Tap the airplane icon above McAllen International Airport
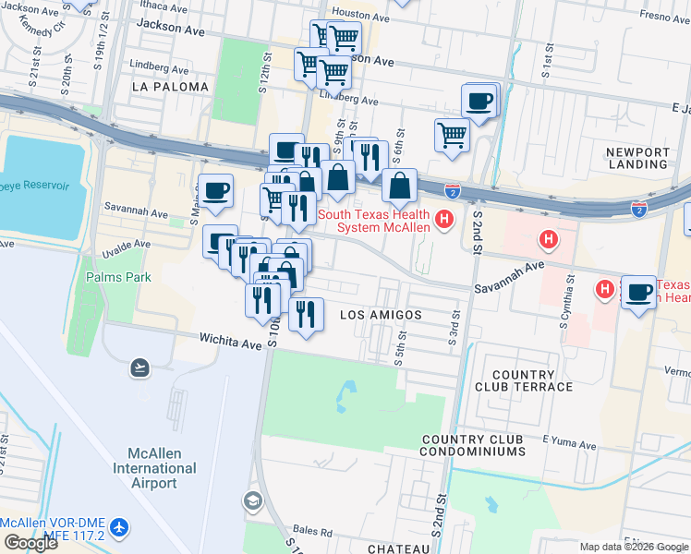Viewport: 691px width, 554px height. point(139,368)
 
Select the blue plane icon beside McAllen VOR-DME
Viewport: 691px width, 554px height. point(119,527)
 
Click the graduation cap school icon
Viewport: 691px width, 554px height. point(252,501)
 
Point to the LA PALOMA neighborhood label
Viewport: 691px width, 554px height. point(171,86)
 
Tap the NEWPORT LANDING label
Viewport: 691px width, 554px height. point(637,158)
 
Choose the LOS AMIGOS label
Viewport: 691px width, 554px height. point(381,315)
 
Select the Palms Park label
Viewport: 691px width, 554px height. point(118,276)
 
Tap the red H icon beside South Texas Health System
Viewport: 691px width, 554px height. point(444,220)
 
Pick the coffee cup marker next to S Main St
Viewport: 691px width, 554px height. point(216,190)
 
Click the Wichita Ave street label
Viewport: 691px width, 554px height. point(232,342)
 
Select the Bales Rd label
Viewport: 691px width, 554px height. point(315,533)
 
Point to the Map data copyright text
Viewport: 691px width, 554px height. point(634,547)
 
